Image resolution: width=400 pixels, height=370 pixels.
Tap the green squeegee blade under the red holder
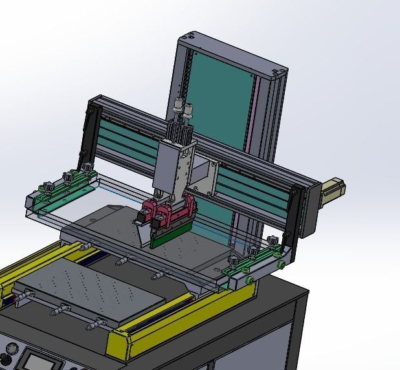coord(167,241)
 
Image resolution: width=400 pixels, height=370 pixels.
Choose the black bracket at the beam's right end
coord(296,213)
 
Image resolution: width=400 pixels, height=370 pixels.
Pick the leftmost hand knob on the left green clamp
coord(45,188)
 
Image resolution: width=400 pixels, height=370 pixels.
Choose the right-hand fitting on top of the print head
coord(189,111)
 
